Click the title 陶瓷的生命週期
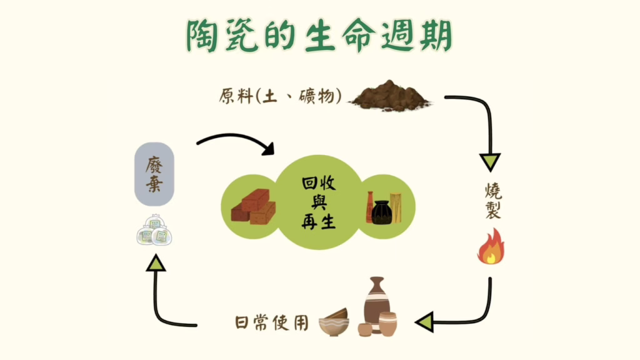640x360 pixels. (319, 37)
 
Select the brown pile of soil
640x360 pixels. (390, 96)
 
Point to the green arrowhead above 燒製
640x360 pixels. (490, 161)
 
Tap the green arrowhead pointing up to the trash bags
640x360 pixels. (156, 265)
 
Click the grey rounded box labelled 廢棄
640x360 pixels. (154, 174)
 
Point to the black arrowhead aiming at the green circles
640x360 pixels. (267, 149)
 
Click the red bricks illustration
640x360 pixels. (253, 207)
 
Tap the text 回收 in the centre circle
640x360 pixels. (319, 183)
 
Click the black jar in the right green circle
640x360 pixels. (381, 211)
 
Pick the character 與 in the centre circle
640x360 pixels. (319, 202)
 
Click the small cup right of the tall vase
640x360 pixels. (387, 324)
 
